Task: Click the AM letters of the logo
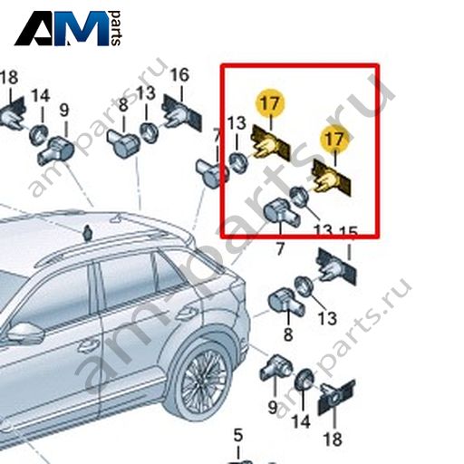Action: tap(62, 28)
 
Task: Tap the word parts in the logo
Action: tap(116, 28)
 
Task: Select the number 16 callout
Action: tap(179, 75)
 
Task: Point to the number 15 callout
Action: tap(348, 233)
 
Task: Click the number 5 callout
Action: tap(238, 435)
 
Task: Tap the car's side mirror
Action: tap(24, 333)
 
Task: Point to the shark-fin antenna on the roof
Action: tap(88, 233)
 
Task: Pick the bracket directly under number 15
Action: tap(336, 266)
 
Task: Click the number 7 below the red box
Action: tap(280, 249)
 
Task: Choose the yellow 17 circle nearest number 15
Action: tap(334, 140)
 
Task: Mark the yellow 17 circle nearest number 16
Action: tap(270, 102)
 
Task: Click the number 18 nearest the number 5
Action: tap(333, 440)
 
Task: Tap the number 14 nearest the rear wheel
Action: tap(301, 421)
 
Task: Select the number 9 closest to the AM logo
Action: tap(64, 111)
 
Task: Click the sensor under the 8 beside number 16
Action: tap(123, 143)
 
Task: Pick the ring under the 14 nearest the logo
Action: tap(39, 134)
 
